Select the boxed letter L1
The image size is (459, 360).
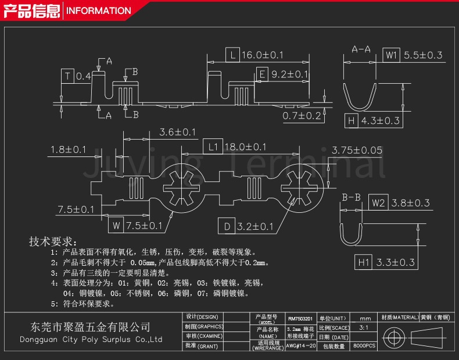tap(213, 147)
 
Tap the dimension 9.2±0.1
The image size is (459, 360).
tap(290, 74)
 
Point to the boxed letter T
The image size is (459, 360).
tap(68, 76)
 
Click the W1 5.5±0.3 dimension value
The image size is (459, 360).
tap(423, 55)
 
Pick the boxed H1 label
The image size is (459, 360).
tap(363, 262)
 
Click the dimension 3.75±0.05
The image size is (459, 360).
tap(356, 150)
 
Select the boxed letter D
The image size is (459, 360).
tap(227, 226)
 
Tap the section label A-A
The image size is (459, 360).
tap(361, 49)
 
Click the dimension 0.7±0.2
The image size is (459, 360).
tap(302, 116)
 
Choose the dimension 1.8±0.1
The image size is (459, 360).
tap(68, 149)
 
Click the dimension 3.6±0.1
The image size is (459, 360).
tap(177, 133)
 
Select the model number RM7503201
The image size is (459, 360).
tap(300, 319)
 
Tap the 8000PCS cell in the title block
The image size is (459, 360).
tap(364, 345)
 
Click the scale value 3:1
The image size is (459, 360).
tap(364, 328)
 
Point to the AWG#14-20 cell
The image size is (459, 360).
tap(300, 345)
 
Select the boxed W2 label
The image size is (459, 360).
tap(378, 203)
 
